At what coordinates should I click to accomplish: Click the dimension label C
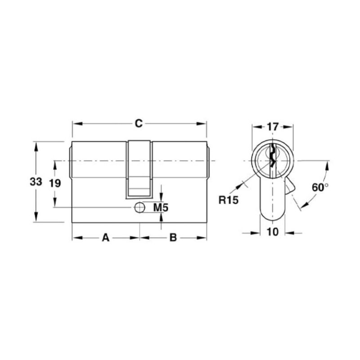139,123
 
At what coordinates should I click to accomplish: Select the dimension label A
106,238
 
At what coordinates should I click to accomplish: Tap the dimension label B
173,238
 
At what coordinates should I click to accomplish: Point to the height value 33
36,182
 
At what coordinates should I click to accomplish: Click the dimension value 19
55,184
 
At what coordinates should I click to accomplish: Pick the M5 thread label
161,208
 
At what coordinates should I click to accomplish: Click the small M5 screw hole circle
139,208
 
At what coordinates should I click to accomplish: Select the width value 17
273,127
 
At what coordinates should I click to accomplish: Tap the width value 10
273,232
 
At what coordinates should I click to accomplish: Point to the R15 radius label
229,200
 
